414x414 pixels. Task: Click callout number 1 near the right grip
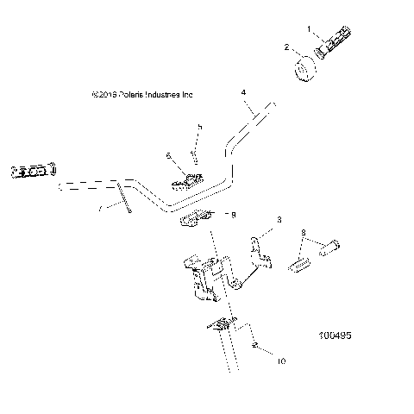[310, 29]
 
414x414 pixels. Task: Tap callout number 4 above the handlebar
[244, 91]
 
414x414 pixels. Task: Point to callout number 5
[199, 127]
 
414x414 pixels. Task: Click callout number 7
[100, 208]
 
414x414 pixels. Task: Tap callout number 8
[303, 233]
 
